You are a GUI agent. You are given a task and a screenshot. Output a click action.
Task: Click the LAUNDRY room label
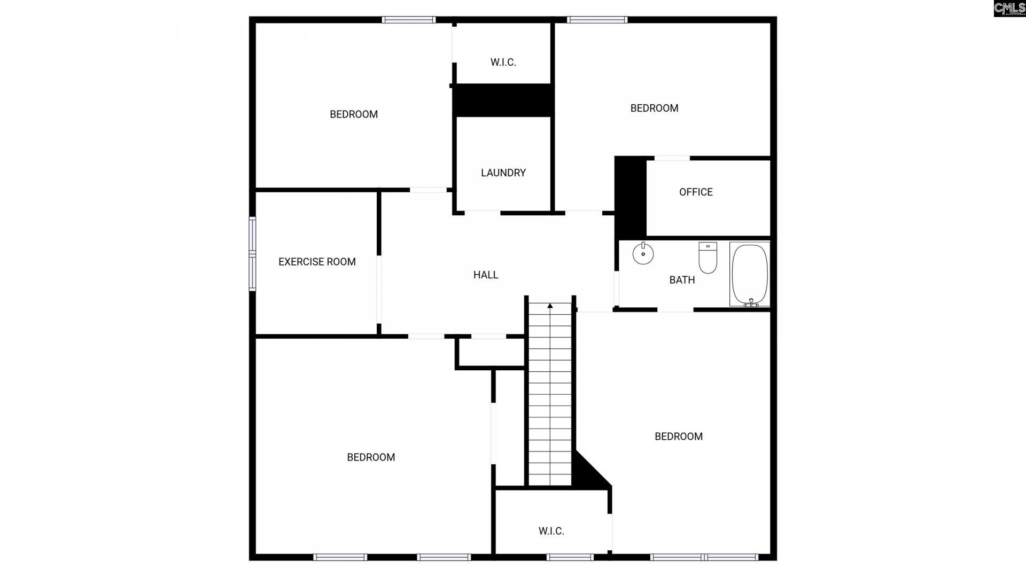pos(503,173)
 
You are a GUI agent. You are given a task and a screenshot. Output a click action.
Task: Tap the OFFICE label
pos(696,192)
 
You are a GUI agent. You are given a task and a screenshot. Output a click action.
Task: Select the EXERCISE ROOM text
pos(317,262)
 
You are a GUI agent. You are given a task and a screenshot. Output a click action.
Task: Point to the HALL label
pos(486,275)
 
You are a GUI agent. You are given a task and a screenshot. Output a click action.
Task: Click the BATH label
pos(682,279)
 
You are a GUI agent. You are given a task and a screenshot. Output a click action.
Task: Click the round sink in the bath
pos(643,254)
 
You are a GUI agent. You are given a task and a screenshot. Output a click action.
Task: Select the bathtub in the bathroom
pos(750,275)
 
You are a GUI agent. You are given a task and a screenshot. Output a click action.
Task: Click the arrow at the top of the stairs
pos(550,306)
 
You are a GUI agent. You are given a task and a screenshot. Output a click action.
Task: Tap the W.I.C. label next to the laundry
pos(503,63)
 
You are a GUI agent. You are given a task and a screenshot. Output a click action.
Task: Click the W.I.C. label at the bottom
pos(551,531)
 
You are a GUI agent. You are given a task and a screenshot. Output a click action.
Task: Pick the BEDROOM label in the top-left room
pos(354,114)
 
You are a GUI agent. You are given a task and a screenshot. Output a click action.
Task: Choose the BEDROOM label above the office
pos(654,108)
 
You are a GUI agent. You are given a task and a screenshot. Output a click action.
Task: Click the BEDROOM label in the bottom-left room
pos(371,457)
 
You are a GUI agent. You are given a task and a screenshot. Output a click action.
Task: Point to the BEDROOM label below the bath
pos(678,436)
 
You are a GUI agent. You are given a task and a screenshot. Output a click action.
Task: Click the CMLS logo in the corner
pos(1009,9)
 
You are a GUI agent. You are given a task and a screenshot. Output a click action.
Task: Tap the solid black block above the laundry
pos(503,100)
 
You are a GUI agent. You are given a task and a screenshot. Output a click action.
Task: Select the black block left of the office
pos(630,197)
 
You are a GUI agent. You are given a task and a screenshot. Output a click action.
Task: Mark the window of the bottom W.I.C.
pos(570,557)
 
